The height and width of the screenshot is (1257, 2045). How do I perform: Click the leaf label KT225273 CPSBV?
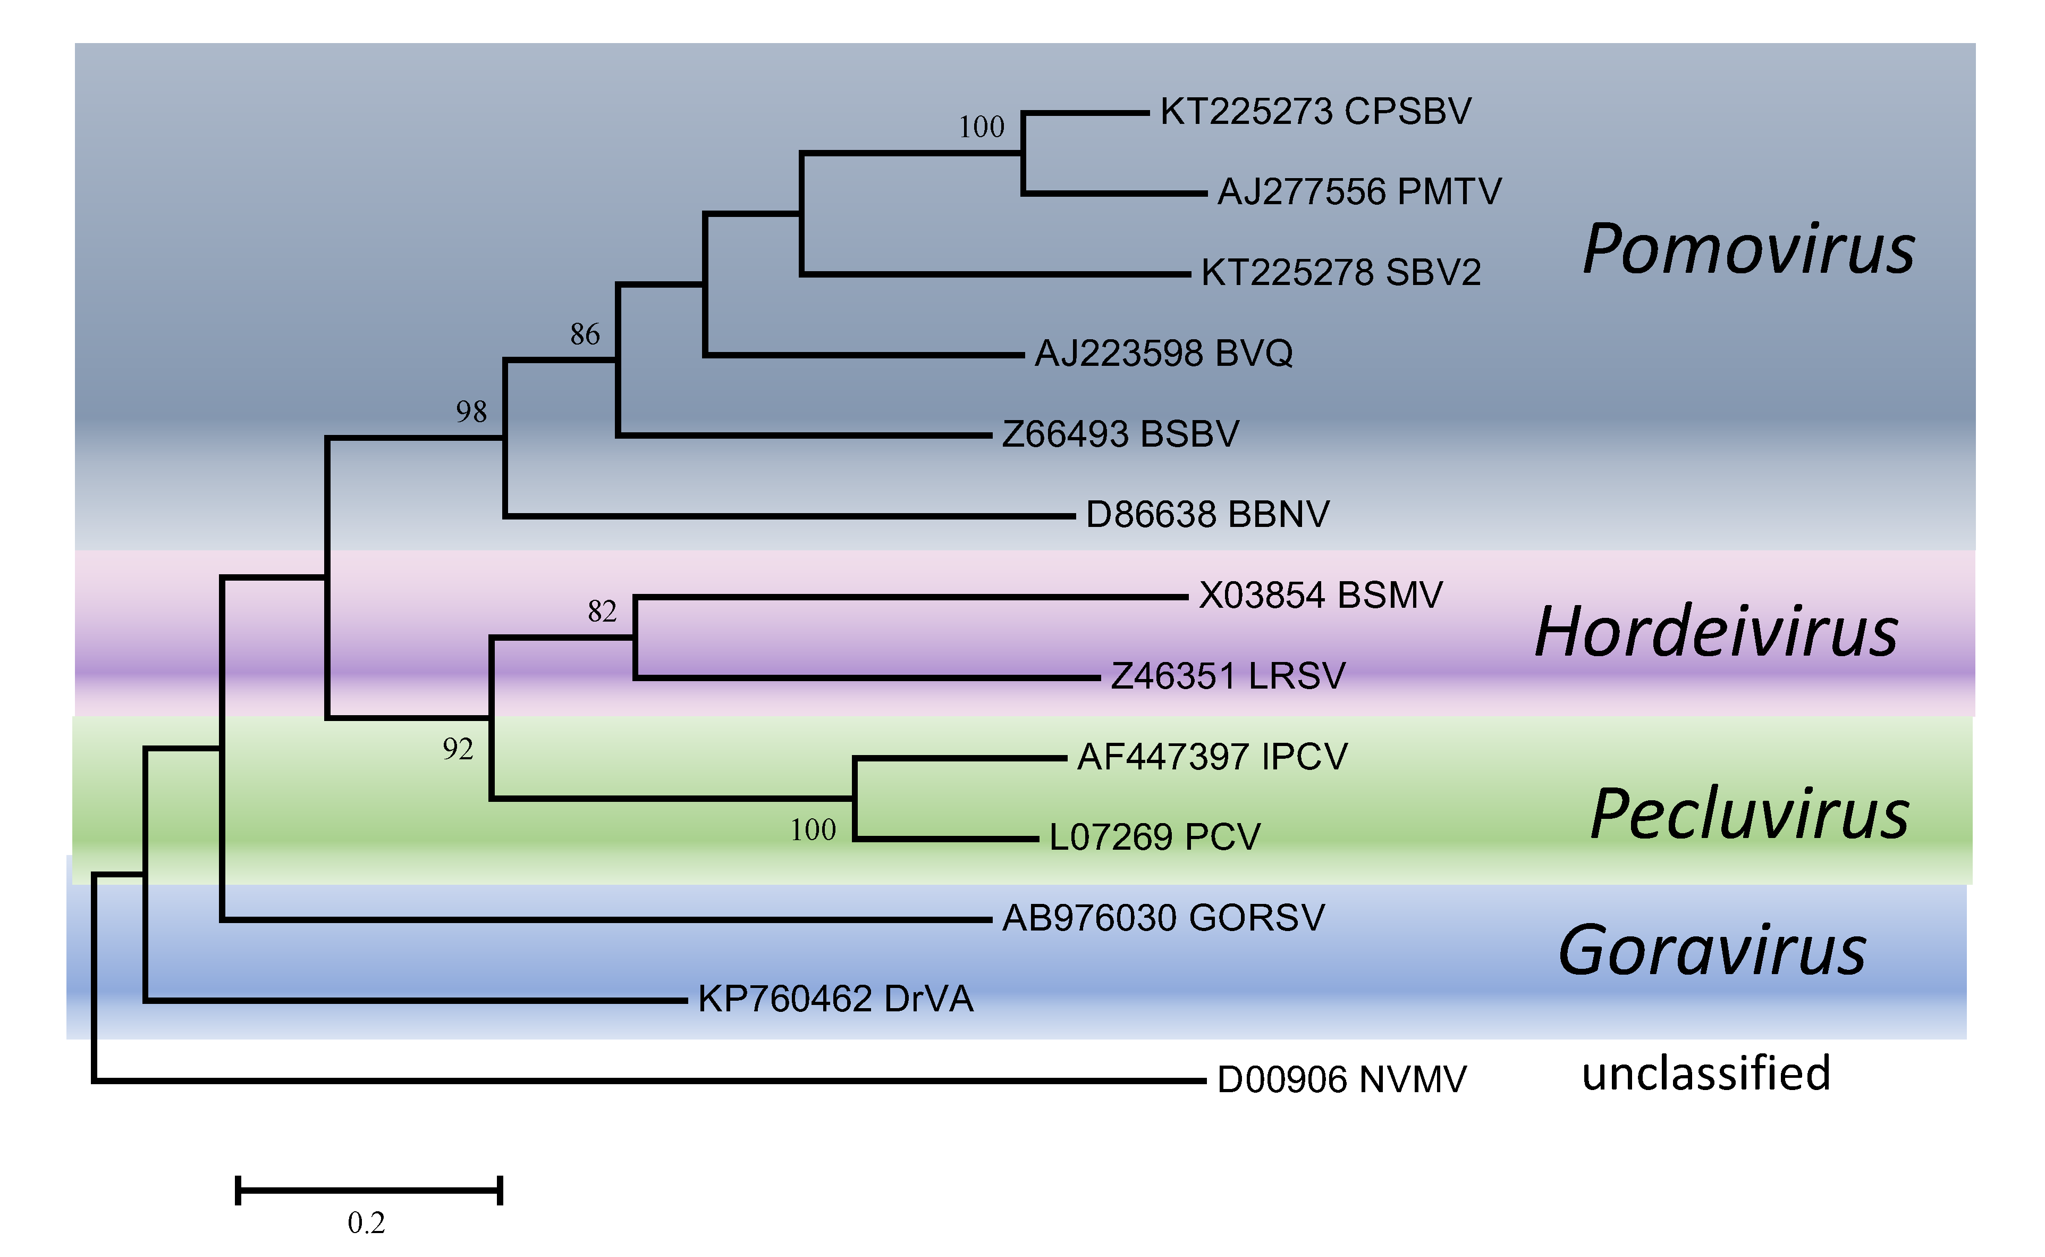(x=1315, y=112)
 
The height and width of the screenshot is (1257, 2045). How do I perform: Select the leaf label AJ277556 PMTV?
(x=1359, y=192)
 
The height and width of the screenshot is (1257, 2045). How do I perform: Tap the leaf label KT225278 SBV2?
(x=1340, y=273)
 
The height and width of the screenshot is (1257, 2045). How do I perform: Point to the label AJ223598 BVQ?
(x=1163, y=353)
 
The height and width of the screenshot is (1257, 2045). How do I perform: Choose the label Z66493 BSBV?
(x=1120, y=434)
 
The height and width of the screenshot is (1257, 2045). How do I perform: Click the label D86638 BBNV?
(x=1207, y=515)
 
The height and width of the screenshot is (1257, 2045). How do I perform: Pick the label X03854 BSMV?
(x=1321, y=595)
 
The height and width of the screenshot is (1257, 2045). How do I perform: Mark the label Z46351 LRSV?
(x=1228, y=676)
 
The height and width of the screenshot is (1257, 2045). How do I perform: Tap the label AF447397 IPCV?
(x=1212, y=757)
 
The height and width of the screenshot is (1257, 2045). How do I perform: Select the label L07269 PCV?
(x=1154, y=837)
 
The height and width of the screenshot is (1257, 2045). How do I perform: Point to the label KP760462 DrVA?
(x=835, y=999)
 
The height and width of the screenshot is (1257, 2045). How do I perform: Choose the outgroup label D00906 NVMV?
(x=1341, y=1080)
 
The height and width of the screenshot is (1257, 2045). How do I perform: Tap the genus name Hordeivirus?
(x=1717, y=633)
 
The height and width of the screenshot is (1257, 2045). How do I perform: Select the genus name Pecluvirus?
(x=1749, y=815)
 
